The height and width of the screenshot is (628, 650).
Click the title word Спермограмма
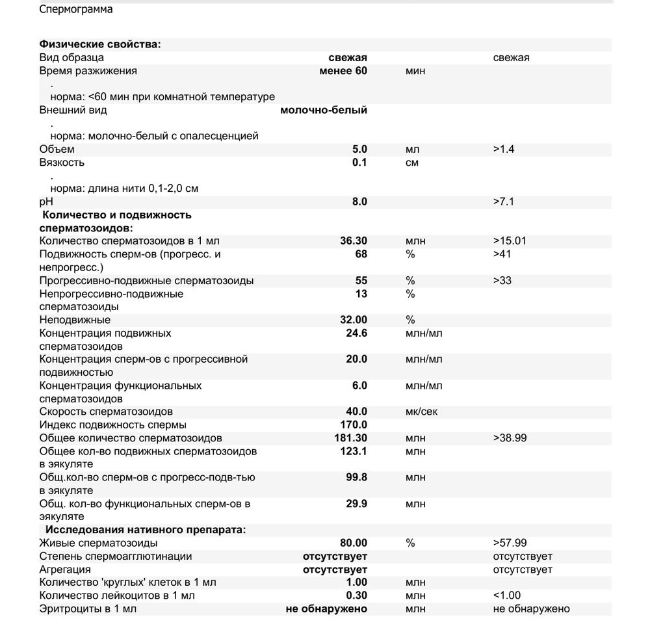click(x=75, y=9)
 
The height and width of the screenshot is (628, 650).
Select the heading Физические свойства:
click(x=99, y=44)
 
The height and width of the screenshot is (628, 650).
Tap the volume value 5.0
click(x=359, y=149)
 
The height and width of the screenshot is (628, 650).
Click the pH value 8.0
click(x=359, y=202)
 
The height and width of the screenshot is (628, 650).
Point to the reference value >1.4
click(x=504, y=149)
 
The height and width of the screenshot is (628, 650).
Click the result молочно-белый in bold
click(x=323, y=110)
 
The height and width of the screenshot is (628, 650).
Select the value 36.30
click(x=354, y=241)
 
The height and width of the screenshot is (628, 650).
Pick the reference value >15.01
click(x=510, y=241)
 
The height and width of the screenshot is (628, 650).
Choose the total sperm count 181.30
click(x=350, y=438)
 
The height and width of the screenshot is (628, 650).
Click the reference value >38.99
click(x=510, y=438)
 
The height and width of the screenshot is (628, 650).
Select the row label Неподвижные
click(x=75, y=320)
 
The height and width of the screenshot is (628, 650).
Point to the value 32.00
click(x=354, y=320)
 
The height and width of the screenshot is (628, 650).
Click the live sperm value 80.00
click(x=354, y=543)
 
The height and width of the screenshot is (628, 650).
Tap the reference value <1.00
click(x=507, y=595)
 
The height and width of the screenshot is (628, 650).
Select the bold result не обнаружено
click(x=326, y=608)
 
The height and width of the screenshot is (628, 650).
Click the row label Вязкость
click(x=62, y=162)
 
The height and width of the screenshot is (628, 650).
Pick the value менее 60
click(x=343, y=70)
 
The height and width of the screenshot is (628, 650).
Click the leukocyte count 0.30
click(x=356, y=595)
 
